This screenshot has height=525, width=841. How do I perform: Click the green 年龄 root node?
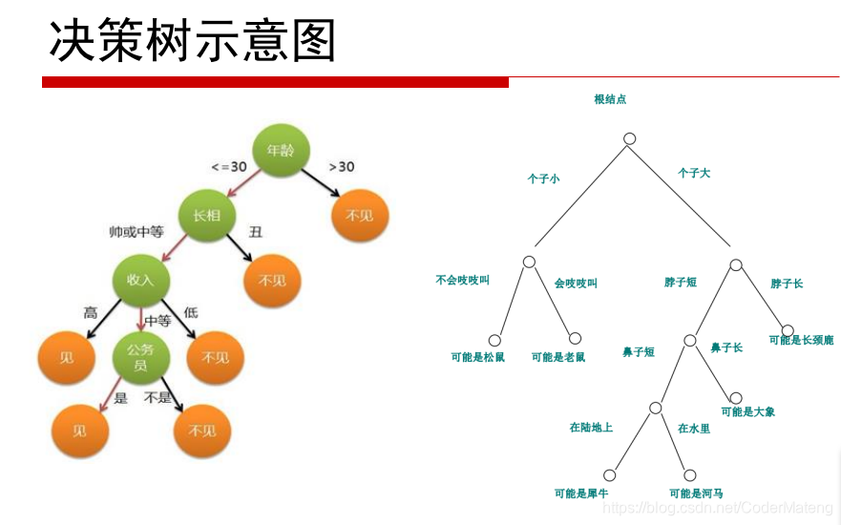pos(281,151)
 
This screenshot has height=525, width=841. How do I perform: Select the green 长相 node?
pos(206,216)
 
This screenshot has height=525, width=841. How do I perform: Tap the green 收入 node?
pos(140,280)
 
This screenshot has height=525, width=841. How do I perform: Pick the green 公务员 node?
pos(140,357)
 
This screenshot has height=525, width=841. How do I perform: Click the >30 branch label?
pos(341,167)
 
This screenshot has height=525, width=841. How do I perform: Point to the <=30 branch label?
pos(228,167)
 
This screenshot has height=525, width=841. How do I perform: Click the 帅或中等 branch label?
pos(137,232)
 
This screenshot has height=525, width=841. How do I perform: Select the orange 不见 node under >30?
pos(359,216)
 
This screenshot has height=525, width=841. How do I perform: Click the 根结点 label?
pos(610,99)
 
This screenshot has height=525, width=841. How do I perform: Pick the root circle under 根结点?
pos(629,138)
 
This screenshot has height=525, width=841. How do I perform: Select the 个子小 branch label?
pos(544,178)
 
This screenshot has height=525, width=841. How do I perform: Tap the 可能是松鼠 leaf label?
pos(477,357)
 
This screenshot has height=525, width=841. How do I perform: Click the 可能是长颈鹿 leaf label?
pos(801,340)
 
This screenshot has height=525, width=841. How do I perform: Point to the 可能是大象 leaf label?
pos(748,412)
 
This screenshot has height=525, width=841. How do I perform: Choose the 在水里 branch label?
pos(694,430)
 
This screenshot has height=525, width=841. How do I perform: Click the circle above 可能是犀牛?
pos(609,474)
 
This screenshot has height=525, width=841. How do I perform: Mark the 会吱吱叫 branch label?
pos(576,283)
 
